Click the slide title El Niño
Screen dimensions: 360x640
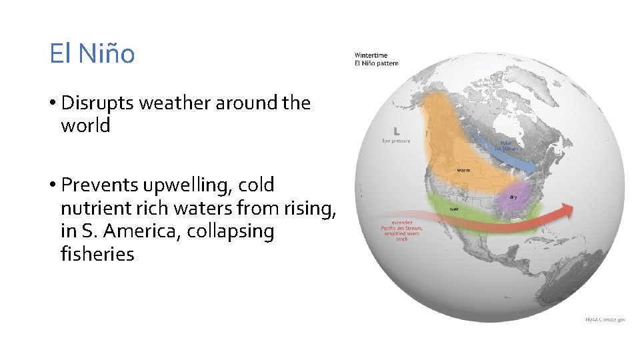(x=92, y=53)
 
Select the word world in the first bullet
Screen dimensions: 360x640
(x=85, y=125)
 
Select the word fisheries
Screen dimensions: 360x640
(x=97, y=254)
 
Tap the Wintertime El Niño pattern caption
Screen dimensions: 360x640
(x=376, y=59)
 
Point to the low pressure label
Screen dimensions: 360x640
(x=396, y=141)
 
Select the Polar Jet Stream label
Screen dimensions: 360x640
(x=509, y=145)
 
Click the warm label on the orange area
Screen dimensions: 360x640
(x=463, y=170)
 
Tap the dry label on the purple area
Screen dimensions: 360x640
(x=513, y=197)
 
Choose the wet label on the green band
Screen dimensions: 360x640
(x=453, y=209)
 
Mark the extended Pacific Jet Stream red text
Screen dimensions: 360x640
(x=401, y=230)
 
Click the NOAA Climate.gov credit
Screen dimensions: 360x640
(x=605, y=319)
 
